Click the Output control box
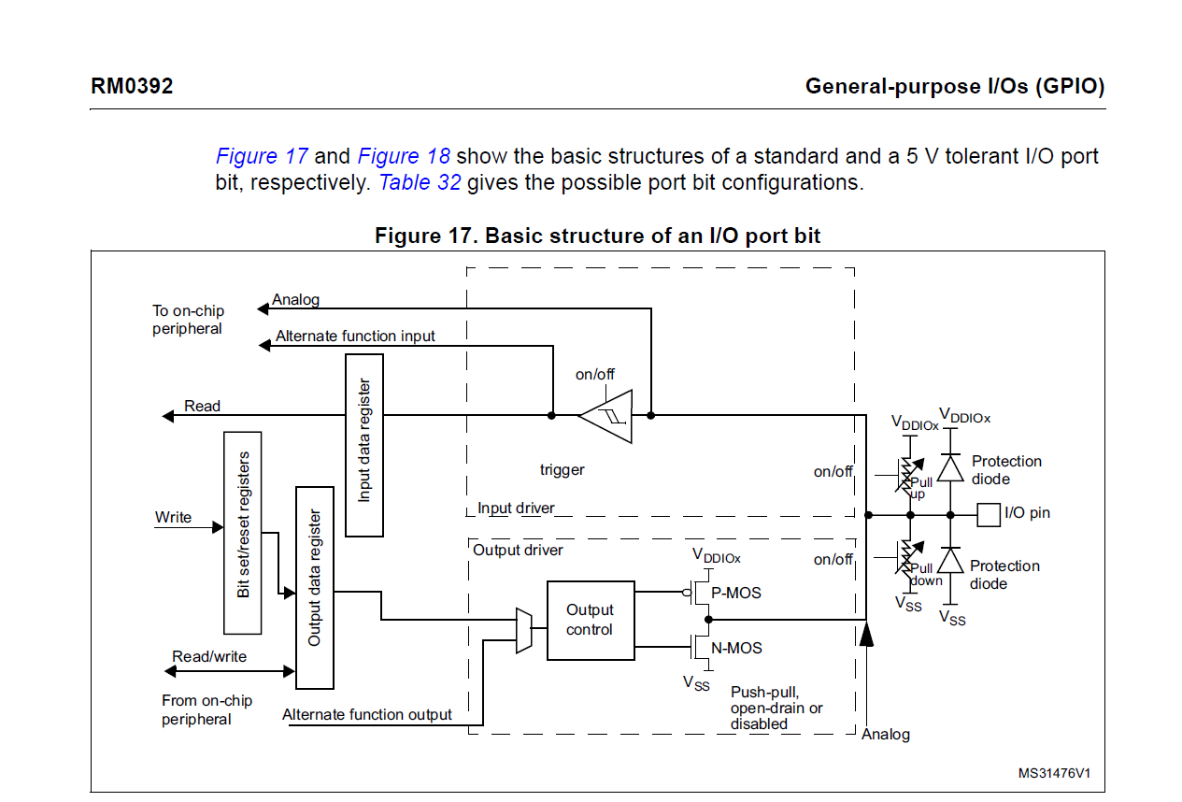(x=590, y=620)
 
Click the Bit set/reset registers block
(x=243, y=532)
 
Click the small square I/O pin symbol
(x=989, y=513)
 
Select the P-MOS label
(x=736, y=593)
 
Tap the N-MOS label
(x=736, y=648)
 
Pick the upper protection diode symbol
(x=950, y=467)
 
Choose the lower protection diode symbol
(x=950, y=560)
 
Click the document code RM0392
(x=132, y=87)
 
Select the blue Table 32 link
(x=420, y=182)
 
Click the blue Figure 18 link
(x=404, y=156)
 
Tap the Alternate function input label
(x=355, y=336)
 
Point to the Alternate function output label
(x=367, y=714)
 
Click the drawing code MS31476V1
(x=1054, y=773)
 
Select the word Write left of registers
(x=174, y=517)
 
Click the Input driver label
(x=516, y=508)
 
